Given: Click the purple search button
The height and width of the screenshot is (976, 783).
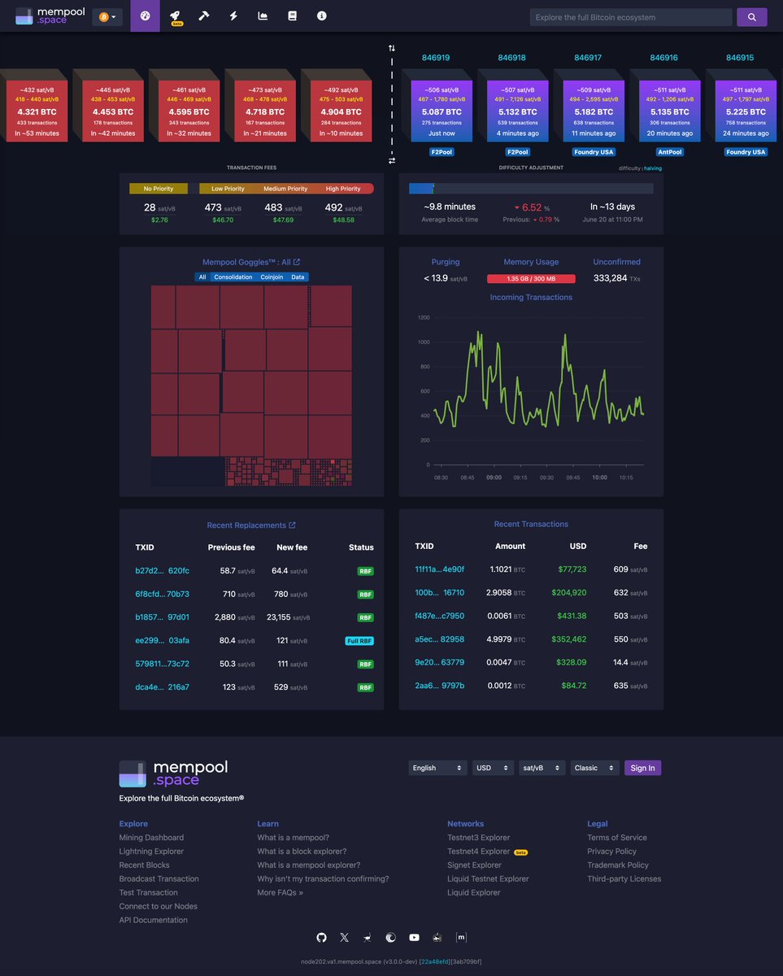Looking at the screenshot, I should [751, 17].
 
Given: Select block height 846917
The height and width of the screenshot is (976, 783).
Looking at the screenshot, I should [588, 58].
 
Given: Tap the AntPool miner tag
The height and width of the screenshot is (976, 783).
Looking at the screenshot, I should [670, 152].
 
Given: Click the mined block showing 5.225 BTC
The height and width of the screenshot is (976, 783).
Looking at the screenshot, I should [746, 111].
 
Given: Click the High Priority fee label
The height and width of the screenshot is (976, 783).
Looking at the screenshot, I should [343, 189].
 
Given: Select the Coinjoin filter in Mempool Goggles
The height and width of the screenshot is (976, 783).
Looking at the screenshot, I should [272, 277].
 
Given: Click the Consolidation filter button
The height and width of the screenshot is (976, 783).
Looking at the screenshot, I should [233, 277].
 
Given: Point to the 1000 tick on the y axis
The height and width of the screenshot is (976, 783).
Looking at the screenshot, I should [423, 342].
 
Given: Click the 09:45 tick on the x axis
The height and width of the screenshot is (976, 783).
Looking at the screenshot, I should [572, 477].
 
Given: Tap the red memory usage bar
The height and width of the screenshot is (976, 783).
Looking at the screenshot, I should [531, 279].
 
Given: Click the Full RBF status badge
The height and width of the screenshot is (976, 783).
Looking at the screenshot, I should [359, 641].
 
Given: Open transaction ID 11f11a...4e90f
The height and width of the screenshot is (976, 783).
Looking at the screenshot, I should [440, 569].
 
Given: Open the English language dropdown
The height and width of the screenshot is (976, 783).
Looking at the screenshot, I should [437, 768].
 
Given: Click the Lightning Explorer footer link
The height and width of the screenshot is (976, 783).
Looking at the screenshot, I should [151, 852].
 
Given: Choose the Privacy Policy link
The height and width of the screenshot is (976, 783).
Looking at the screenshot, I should [611, 852].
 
